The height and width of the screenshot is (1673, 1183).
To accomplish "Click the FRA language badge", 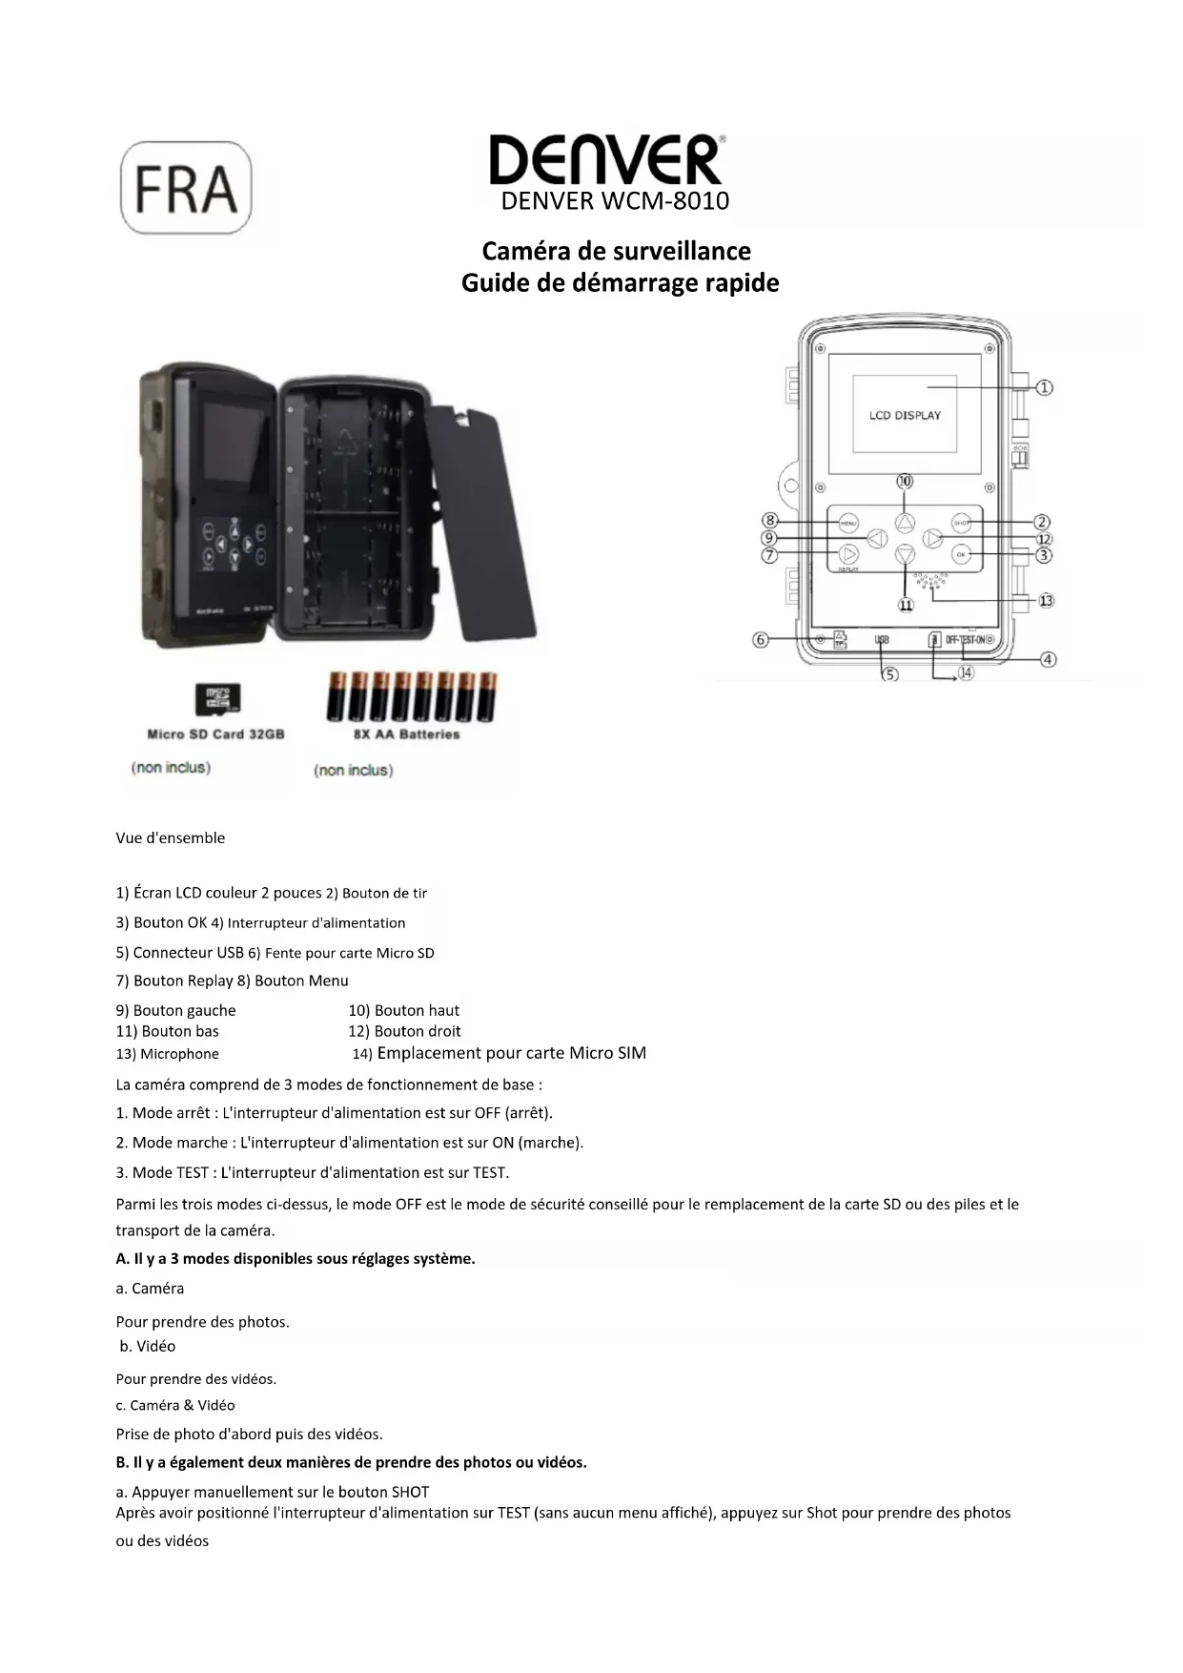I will tap(186, 188).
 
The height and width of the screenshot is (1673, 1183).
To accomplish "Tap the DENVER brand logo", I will tap(607, 159).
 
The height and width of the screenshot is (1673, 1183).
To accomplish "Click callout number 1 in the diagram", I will tap(1045, 387).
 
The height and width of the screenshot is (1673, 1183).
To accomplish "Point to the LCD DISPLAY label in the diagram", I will tap(905, 416).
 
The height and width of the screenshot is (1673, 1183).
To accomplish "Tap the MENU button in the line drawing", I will tap(848, 523).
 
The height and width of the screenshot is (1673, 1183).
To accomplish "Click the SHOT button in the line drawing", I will tap(961, 522).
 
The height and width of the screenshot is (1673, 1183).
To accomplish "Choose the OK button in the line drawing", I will tap(961, 554).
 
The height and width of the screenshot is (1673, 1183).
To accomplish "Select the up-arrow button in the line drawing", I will tap(905, 522).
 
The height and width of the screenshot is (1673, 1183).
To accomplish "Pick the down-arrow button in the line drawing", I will tap(905, 554).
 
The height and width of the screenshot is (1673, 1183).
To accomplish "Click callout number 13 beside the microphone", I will tap(1046, 601).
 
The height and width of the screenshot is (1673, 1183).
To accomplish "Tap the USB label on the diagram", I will tap(882, 640).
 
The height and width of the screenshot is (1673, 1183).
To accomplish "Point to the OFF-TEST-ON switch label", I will tap(966, 640).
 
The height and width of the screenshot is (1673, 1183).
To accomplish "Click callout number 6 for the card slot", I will tap(761, 640).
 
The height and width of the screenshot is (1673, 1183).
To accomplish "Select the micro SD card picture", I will tap(217, 699).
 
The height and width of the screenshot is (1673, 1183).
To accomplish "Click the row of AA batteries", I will tap(412, 697).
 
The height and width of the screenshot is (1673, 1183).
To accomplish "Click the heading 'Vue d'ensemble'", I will tap(171, 838).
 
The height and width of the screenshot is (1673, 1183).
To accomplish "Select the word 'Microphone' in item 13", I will tap(179, 1054).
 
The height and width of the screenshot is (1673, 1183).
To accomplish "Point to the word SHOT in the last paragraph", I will tap(410, 1492).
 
